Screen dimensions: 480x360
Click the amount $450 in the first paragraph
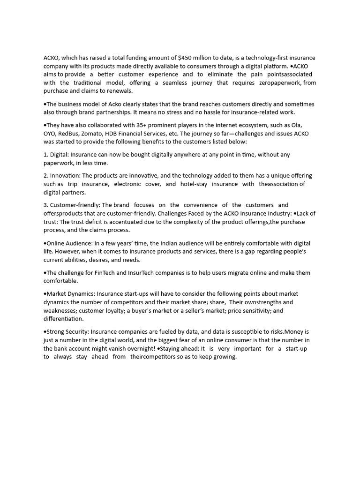(x=186, y=58)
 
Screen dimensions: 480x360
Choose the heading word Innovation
(x=65, y=176)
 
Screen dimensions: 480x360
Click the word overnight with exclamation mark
(x=138, y=349)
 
